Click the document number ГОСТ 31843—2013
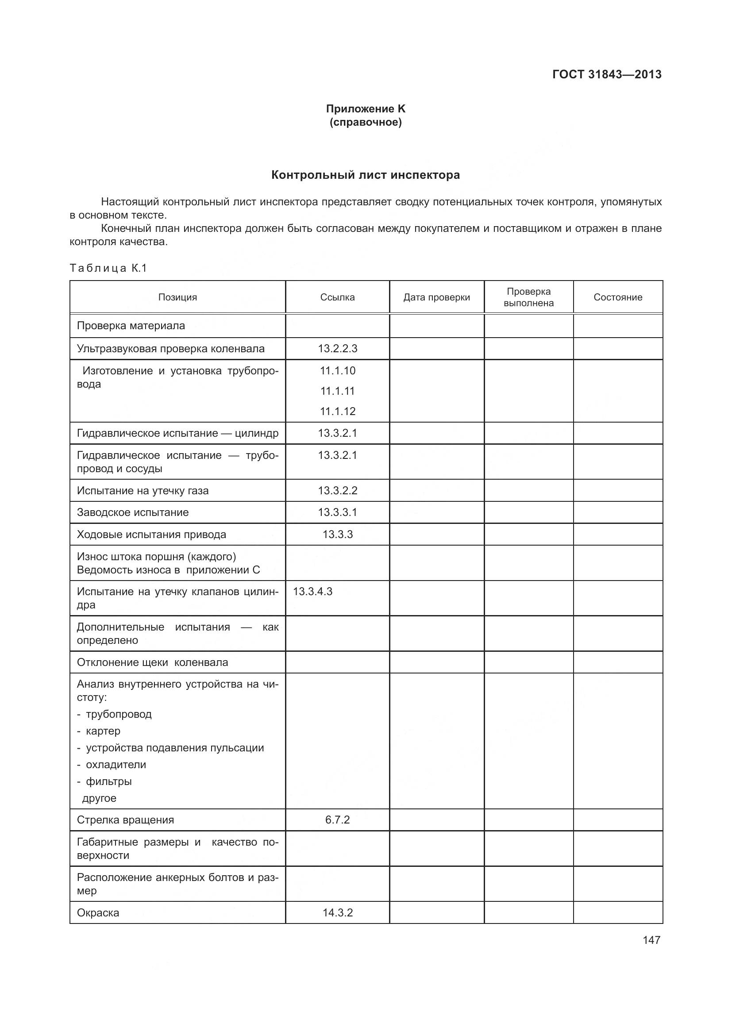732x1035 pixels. pyautogui.click(x=607, y=74)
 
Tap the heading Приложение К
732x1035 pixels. pyautogui.click(x=366, y=109)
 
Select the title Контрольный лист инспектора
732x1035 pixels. pyautogui.click(x=366, y=175)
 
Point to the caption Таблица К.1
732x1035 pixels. pyautogui.click(x=108, y=268)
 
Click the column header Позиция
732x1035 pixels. pyautogui.click(x=177, y=297)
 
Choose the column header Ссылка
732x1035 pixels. pyautogui.click(x=337, y=297)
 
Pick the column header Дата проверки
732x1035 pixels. pyautogui.click(x=436, y=297)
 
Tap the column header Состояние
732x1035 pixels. pyautogui.click(x=617, y=297)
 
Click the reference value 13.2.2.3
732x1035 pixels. pyautogui.click(x=337, y=348)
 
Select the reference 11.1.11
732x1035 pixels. pyautogui.click(x=337, y=391)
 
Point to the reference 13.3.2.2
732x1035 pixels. pyautogui.click(x=337, y=490)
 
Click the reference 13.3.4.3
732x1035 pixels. pyautogui.click(x=313, y=592)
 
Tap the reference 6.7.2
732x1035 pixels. pyautogui.click(x=337, y=820)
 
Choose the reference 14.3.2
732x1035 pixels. pyautogui.click(x=337, y=912)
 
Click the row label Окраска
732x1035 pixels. pyautogui.click(x=98, y=912)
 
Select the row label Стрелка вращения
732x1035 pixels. pyautogui.click(x=125, y=820)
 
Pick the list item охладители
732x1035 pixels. pyautogui.click(x=116, y=765)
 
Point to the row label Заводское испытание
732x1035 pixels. pyautogui.click(x=132, y=512)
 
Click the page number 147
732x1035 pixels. pyautogui.click(x=651, y=940)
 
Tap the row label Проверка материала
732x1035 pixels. pyautogui.click(x=131, y=326)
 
